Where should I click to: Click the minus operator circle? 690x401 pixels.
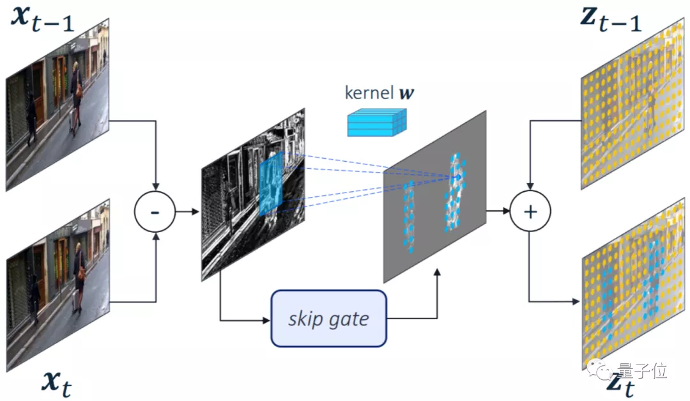click(155, 212)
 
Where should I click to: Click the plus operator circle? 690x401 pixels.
click(530, 212)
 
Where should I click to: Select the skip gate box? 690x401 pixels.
click(328, 318)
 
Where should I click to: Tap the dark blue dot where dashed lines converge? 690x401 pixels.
click(458, 177)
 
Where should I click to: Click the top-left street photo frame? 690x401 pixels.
click(57, 106)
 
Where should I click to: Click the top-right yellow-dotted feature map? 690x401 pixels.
click(632, 106)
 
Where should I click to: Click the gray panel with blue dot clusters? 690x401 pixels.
click(434, 198)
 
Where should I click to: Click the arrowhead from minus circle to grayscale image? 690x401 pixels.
click(195, 212)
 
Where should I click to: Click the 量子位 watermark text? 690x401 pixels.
click(632, 370)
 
